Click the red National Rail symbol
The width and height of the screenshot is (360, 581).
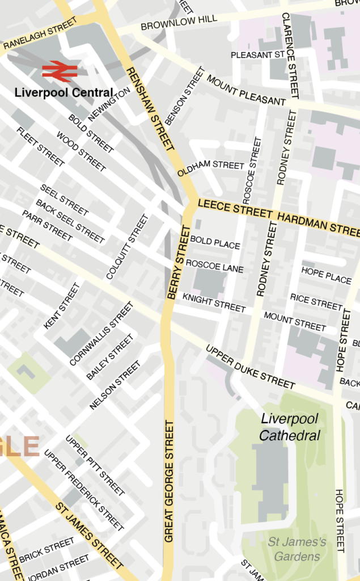pyautogui.click(x=59, y=71)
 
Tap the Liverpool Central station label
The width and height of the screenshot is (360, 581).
pyautogui.click(x=63, y=92)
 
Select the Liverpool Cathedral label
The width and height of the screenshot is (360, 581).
pyautogui.click(x=290, y=427)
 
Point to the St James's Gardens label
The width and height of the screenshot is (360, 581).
pyautogui.click(x=297, y=549)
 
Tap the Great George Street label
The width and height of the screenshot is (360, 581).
pyautogui.click(x=169, y=481)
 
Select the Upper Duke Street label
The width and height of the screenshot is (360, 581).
pyautogui.click(x=250, y=367)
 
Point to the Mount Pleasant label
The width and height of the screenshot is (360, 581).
pyautogui.click(x=245, y=90)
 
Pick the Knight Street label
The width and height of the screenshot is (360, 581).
pyautogui.click(x=214, y=303)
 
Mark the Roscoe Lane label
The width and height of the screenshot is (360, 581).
pyautogui.click(x=214, y=266)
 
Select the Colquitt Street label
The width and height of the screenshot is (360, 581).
pyautogui.click(x=127, y=246)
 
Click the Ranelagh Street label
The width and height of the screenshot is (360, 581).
pyautogui.click(x=40, y=35)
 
